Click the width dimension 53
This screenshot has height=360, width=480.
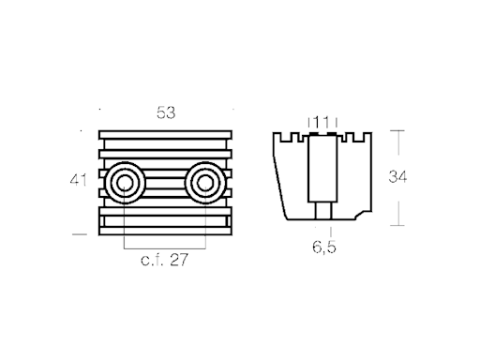pyautogui.click(x=166, y=112)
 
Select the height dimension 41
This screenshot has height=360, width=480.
pyautogui.click(x=82, y=178)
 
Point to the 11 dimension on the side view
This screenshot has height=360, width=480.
pyautogui.click(x=322, y=122)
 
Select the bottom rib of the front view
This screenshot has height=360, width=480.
pyautogui.click(x=164, y=228)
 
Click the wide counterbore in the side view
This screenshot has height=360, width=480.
pyautogui.click(x=322, y=169)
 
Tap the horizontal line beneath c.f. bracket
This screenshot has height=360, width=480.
pyautogui.click(x=164, y=248)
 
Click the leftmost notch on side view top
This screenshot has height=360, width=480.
pyautogui.click(x=289, y=137)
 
